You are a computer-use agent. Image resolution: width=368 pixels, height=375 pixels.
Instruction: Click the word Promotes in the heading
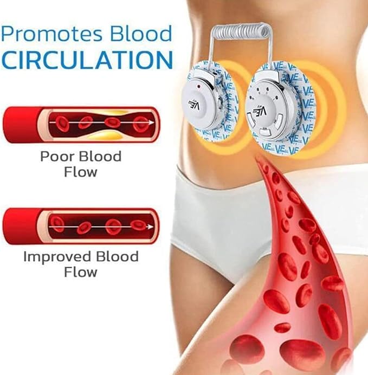click(x=51, y=35)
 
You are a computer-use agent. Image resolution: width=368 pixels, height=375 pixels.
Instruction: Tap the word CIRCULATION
click(x=87, y=60)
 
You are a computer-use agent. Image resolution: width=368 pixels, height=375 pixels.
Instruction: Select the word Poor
click(x=57, y=157)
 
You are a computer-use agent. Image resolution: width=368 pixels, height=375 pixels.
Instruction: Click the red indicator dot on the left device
click(x=198, y=86)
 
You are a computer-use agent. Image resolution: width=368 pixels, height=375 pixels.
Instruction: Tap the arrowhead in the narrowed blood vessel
click(x=151, y=122)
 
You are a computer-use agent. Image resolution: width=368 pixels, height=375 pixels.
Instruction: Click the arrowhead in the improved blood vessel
click(x=151, y=227)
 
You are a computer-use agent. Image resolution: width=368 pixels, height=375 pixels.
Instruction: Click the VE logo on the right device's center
click(x=261, y=112)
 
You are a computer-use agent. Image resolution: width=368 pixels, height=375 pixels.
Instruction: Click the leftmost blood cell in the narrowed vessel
click(x=63, y=124)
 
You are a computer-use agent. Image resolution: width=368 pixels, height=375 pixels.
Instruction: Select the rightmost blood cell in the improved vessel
click(x=138, y=224)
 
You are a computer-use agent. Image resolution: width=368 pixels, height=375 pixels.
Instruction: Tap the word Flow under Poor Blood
click(x=81, y=172)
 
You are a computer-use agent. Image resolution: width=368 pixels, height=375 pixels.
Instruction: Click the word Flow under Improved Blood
click(x=81, y=272)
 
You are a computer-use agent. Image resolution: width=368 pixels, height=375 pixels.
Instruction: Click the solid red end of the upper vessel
click(x=21, y=125)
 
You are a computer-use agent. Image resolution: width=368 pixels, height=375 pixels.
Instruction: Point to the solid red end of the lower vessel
click(x=21, y=226)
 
